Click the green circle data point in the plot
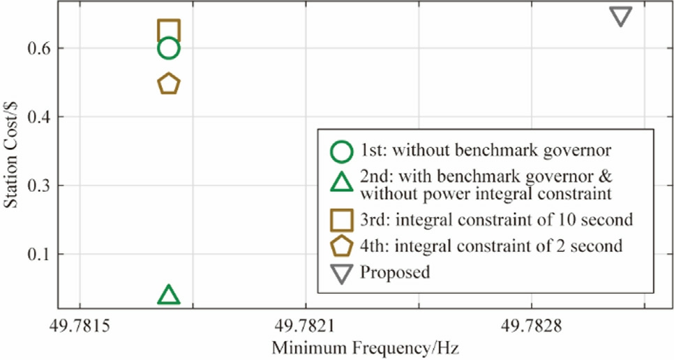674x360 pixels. [x=169, y=48]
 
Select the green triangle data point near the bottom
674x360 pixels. [x=169, y=295]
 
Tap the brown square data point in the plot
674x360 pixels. [x=169, y=31]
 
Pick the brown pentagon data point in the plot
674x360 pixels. [x=169, y=84]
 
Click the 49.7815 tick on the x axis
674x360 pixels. [x=80, y=324]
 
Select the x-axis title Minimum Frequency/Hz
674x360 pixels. [x=365, y=347]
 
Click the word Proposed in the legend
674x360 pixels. [x=395, y=273]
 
